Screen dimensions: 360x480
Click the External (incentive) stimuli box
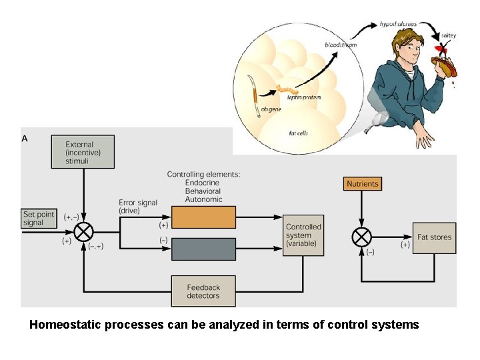click(x=83, y=152)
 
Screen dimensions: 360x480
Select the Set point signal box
click(x=39, y=219)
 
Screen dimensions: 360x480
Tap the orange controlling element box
click(x=203, y=217)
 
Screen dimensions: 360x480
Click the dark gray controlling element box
click(x=203, y=249)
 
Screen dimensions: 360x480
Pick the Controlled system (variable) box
click(x=303, y=235)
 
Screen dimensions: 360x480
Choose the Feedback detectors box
click(x=203, y=291)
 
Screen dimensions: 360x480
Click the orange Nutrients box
click(x=363, y=183)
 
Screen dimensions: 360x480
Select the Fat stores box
click(x=434, y=238)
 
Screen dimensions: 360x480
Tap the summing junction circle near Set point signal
click(x=83, y=233)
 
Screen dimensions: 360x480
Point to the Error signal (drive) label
click(x=138, y=207)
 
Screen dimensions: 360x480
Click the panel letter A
click(x=25, y=139)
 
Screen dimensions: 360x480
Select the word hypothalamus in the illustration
click(x=398, y=23)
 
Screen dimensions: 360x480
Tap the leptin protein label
click(x=304, y=97)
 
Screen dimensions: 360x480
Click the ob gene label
click(x=270, y=109)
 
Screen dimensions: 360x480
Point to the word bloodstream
click(x=341, y=44)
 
